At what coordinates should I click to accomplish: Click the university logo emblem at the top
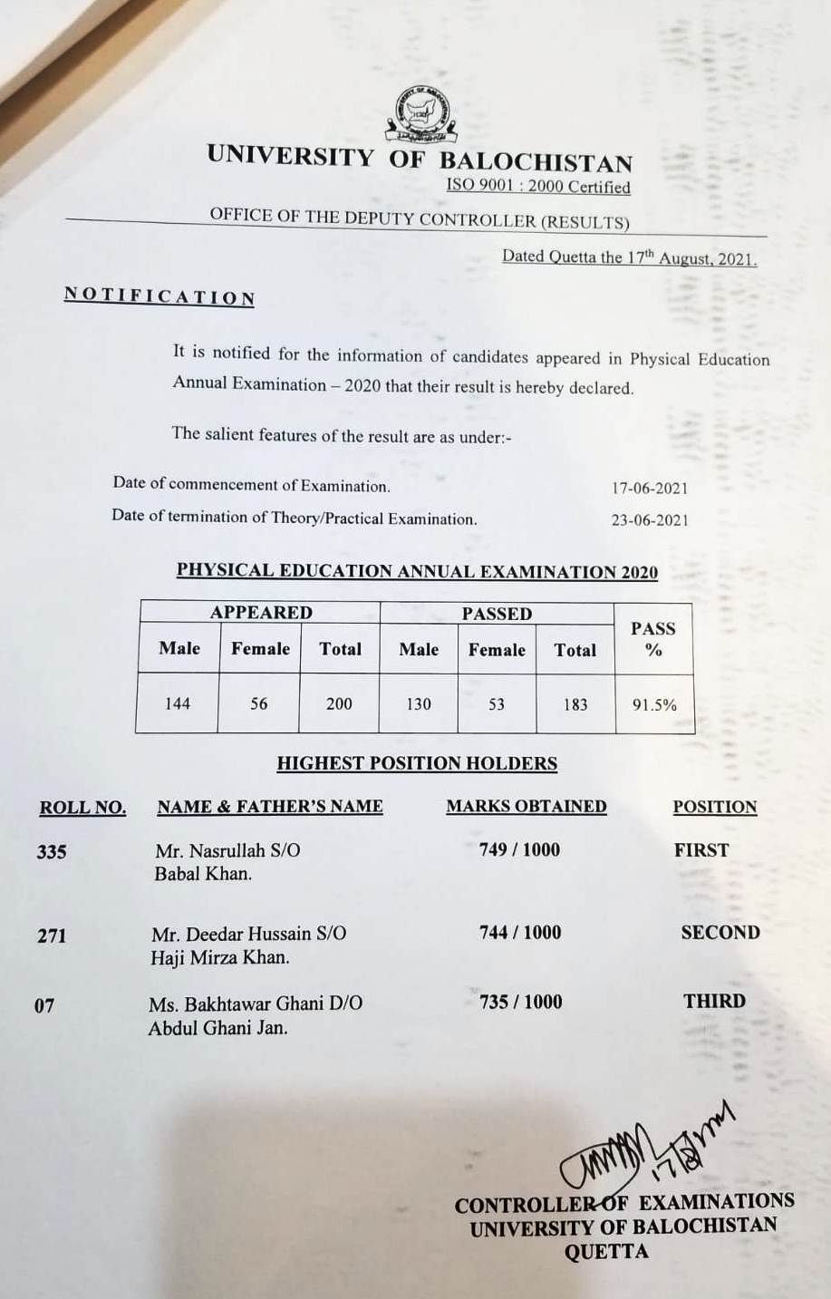pyautogui.click(x=420, y=115)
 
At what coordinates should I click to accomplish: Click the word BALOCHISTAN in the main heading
pyautogui.click(x=536, y=162)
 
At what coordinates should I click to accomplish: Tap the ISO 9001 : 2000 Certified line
pyautogui.click(x=537, y=187)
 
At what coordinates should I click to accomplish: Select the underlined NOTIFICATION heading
pyautogui.click(x=159, y=296)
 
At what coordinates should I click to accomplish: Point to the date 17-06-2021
pyautogui.click(x=650, y=488)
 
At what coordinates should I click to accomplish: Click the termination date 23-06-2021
pyautogui.click(x=650, y=519)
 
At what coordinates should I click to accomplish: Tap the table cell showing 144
pyautogui.click(x=178, y=703)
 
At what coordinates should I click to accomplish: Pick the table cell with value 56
pyautogui.click(x=259, y=703)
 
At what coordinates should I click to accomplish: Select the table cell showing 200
pyautogui.click(x=339, y=703)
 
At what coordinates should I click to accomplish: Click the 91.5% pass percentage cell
pyautogui.click(x=654, y=704)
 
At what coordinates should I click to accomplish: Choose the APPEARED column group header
pyautogui.click(x=261, y=613)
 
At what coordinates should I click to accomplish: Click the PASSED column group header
pyautogui.click(x=497, y=614)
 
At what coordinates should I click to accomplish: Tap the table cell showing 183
pyautogui.click(x=575, y=704)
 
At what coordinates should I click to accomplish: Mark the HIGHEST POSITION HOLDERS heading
pyautogui.click(x=417, y=763)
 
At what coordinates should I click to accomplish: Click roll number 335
pyautogui.click(x=52, y=851)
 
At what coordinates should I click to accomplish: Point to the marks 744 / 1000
pyautogui.click(x=520, y=932)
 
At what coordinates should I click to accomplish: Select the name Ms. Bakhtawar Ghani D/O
pyautogui.click(x=256, y=1003)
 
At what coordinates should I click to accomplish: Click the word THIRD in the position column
pyautogui.click(x=715, y=1001)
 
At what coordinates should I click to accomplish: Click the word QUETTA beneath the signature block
pyautogui.click(x=606, y=1252)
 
